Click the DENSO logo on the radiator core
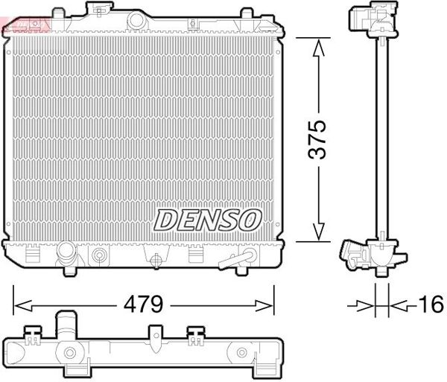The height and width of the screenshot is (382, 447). (208, 219)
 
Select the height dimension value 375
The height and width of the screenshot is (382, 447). (318, 139)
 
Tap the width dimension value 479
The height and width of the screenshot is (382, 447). (145, 305)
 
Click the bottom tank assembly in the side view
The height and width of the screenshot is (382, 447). (372, 257)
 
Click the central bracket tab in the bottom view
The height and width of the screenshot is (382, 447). (156, 337)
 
